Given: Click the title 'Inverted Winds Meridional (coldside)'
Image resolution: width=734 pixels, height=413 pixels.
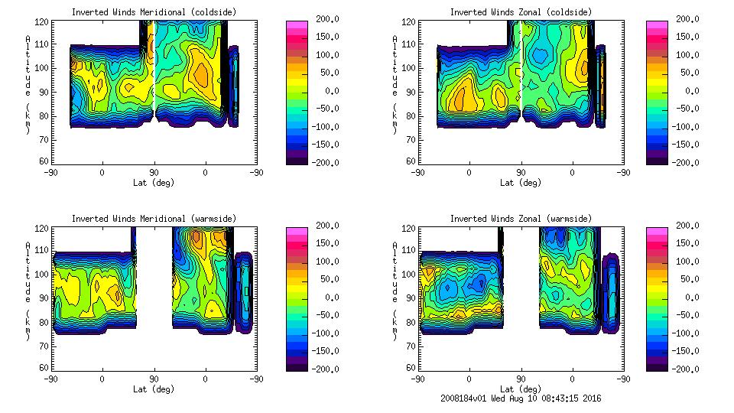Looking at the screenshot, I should point(154,12).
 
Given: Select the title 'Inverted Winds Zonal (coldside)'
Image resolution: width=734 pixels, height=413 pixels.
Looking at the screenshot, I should point(521,12).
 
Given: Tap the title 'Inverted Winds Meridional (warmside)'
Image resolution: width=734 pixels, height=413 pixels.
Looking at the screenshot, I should point(154,219).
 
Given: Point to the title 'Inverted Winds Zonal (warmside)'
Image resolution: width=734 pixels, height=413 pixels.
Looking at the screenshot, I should point(521,219).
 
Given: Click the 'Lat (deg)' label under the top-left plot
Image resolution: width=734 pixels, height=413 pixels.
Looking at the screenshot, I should point(154,183).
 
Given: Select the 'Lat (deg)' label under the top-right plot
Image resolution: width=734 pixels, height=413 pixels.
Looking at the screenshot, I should point(521,183).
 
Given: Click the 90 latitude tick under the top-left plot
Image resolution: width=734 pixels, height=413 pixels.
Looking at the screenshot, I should point(154,172).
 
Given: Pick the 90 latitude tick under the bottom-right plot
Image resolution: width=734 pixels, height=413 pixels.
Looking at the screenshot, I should point(521,379).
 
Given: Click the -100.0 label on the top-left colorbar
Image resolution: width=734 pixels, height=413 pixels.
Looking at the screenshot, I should point(322,127).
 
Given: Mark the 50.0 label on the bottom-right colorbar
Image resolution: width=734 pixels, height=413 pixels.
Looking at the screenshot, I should point(688,279).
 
